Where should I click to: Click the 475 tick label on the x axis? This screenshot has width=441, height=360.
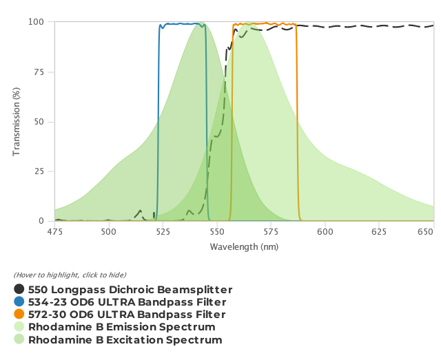[x=54, y=232]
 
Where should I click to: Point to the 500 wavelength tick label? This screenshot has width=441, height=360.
[x=109, y=232]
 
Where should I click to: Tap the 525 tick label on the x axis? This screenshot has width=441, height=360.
[x=163, y=232]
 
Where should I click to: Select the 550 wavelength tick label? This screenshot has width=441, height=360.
[x=218, y=232]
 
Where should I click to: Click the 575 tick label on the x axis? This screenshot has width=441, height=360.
[x=271, y=232]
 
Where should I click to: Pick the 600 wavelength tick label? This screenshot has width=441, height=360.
[x=326, y=232]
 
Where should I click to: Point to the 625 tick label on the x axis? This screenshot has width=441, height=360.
[x=380, y=232]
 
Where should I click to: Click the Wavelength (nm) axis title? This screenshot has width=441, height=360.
[x=244, y=246]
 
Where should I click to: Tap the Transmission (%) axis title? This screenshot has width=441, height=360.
[x=17, y=121]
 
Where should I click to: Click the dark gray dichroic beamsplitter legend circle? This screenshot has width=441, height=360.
[x=19, y=290]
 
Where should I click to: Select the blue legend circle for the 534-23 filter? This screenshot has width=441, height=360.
[x=19, y=302]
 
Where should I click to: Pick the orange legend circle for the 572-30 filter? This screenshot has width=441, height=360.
[x=19, y=315]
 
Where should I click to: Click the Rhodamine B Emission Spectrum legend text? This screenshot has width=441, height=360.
[x=122, y=327]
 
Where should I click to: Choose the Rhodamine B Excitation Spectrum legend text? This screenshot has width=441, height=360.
[x=125, y=340]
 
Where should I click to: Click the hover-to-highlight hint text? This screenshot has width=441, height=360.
[x=70, y=275]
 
